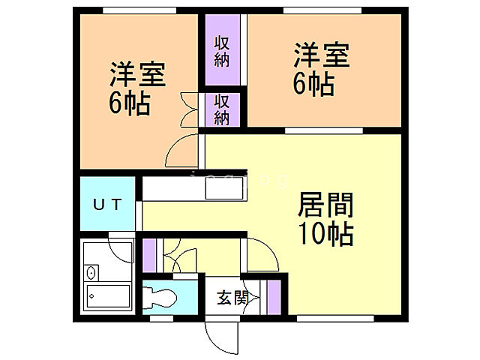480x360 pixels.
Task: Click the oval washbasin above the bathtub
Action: click(x=91, y=271)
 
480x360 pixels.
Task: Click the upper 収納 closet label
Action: click(x=221, y=51)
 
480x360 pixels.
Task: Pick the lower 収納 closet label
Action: click(x=221, y=109)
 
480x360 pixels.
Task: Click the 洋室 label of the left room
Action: click(x=137, y=75)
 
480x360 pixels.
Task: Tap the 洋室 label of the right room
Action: click(x=321, y=56)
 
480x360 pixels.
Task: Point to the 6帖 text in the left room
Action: click(x=130, y=103)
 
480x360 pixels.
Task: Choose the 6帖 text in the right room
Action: click(x=313, y=84)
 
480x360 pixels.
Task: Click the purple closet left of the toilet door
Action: click(x=149, y=254)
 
